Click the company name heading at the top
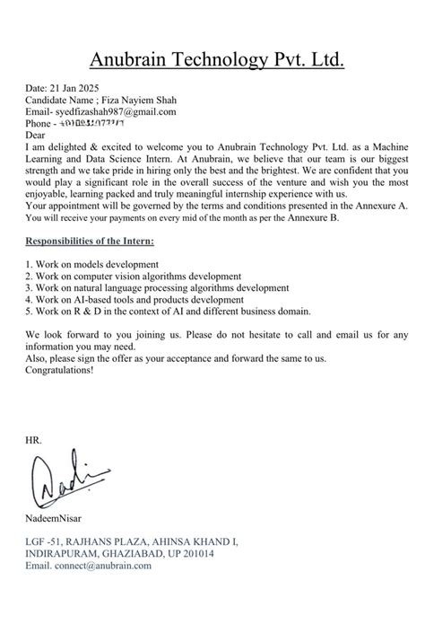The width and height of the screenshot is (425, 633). pyautogui.click(x=216, y=60)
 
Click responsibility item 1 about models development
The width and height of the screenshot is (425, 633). pyautogui.click(x=92, y=265)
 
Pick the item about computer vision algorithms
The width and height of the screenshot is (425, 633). pyautogui.click(x=133, y=277)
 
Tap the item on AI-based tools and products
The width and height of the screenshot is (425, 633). pyautogui.click(x=122, y=299)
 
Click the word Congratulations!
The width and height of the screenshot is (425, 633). pyautogui.click(x=62, y=369)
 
